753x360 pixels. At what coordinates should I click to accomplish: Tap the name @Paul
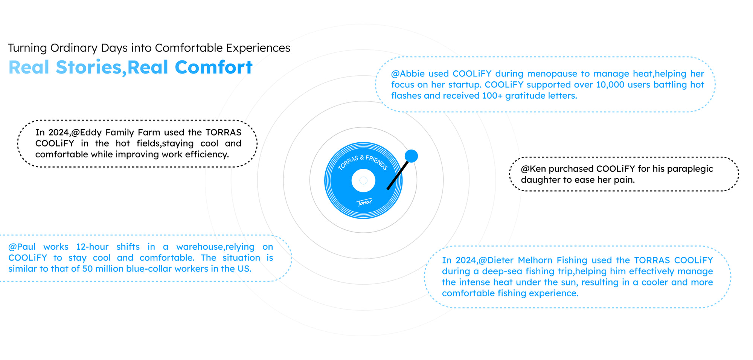tap(22, 247)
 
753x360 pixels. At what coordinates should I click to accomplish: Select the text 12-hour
tap(92, 247)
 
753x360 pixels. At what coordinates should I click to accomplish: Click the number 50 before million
tap(87, 269)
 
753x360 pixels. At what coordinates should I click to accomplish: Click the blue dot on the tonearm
tap(411, 156)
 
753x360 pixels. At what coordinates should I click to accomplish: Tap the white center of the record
tap(363, 180)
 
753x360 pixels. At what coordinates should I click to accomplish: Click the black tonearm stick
tap(398, 175)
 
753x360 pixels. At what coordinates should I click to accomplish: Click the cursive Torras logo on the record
tap(364, 203)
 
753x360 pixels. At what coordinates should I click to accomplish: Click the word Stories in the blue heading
tap(88, 67)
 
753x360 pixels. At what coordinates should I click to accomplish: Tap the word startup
tap(463, 85)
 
